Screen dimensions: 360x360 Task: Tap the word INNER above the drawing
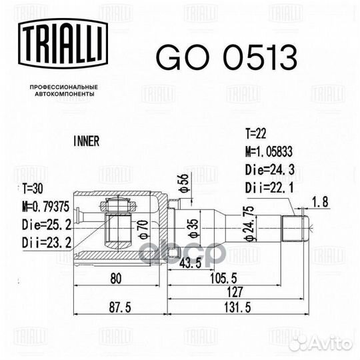pyautogui.click(x=85, y=141)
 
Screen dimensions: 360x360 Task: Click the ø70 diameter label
pyautogui.click(x=141, y=229)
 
